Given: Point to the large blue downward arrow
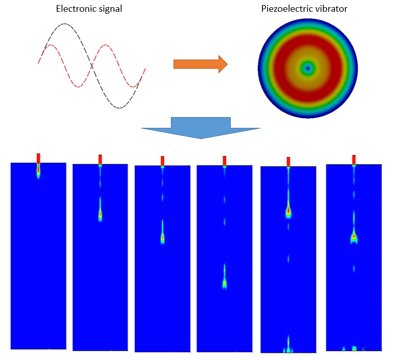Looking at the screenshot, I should coord(201,128).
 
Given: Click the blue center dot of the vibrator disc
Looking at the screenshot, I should coord(308,67).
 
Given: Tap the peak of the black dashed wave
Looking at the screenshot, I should coord(64,24).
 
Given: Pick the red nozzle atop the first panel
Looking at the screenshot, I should coord(38,157).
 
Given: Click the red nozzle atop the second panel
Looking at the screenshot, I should coord(100,160).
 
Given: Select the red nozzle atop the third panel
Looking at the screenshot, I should coord(162,161).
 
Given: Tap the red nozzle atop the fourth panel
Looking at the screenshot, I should coord(224,161).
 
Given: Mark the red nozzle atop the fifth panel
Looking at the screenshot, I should coord(289,162).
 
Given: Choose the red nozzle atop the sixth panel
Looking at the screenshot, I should coord(354,160).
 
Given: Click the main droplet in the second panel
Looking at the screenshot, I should coord(100,214).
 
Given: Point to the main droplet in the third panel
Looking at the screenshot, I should coord(163,237).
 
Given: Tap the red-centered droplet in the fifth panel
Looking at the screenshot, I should coord(289,210).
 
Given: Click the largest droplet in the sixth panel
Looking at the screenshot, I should coord(354,236).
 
